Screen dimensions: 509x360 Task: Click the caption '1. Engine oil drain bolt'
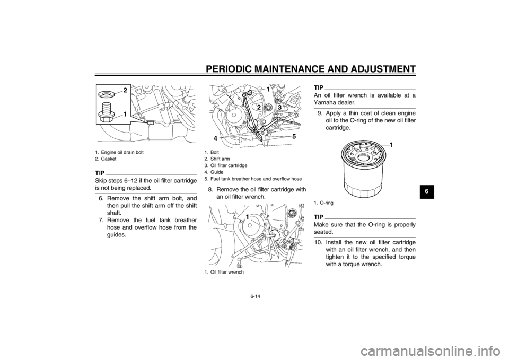(119, 152)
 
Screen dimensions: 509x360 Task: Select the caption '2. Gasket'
(106, 159)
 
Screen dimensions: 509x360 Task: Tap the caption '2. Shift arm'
(217, 159)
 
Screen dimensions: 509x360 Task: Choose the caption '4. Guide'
(214, 172)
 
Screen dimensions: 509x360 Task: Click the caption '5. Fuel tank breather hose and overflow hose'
(253, 179)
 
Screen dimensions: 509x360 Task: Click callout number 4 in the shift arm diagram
(215, 138)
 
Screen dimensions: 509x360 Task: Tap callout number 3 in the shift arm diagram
(279, 107)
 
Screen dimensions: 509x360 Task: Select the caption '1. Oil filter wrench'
(224, 272)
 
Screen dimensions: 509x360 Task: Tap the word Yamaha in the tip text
(324, 102)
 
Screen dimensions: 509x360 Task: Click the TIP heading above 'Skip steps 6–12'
(100, 173)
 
